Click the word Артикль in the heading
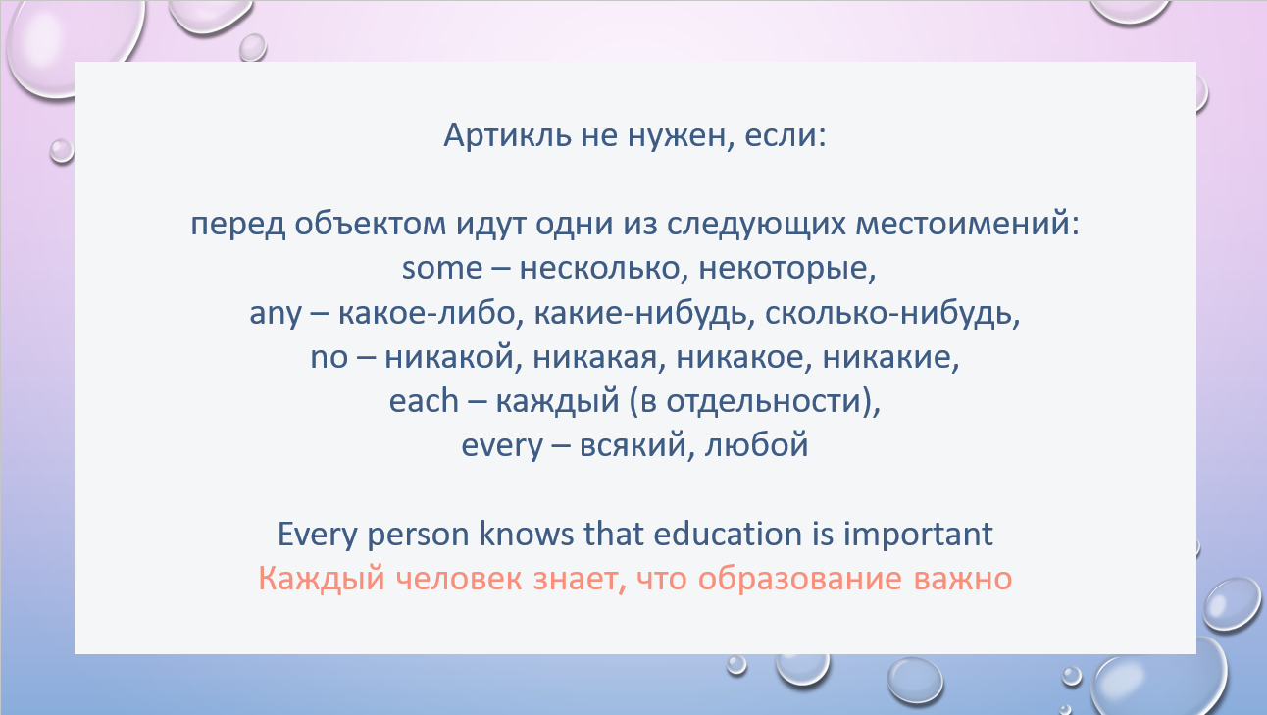click(x=507, y=135)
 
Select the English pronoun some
click(x=442, y=268)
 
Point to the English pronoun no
click(x=329, y=358)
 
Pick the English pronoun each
click(x=424, y=401)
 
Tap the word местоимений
click(x=967, y=224)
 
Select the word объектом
click(x=371, y=223)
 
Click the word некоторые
click(x=787, y=268)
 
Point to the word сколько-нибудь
click(x=892, y=313)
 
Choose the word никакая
click(x=599, y=358)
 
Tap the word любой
click(x=757, y=444)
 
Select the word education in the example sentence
click(x=728, y=534)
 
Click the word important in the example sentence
click(x=918, y=536)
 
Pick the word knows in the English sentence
click(x=527, y=534)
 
